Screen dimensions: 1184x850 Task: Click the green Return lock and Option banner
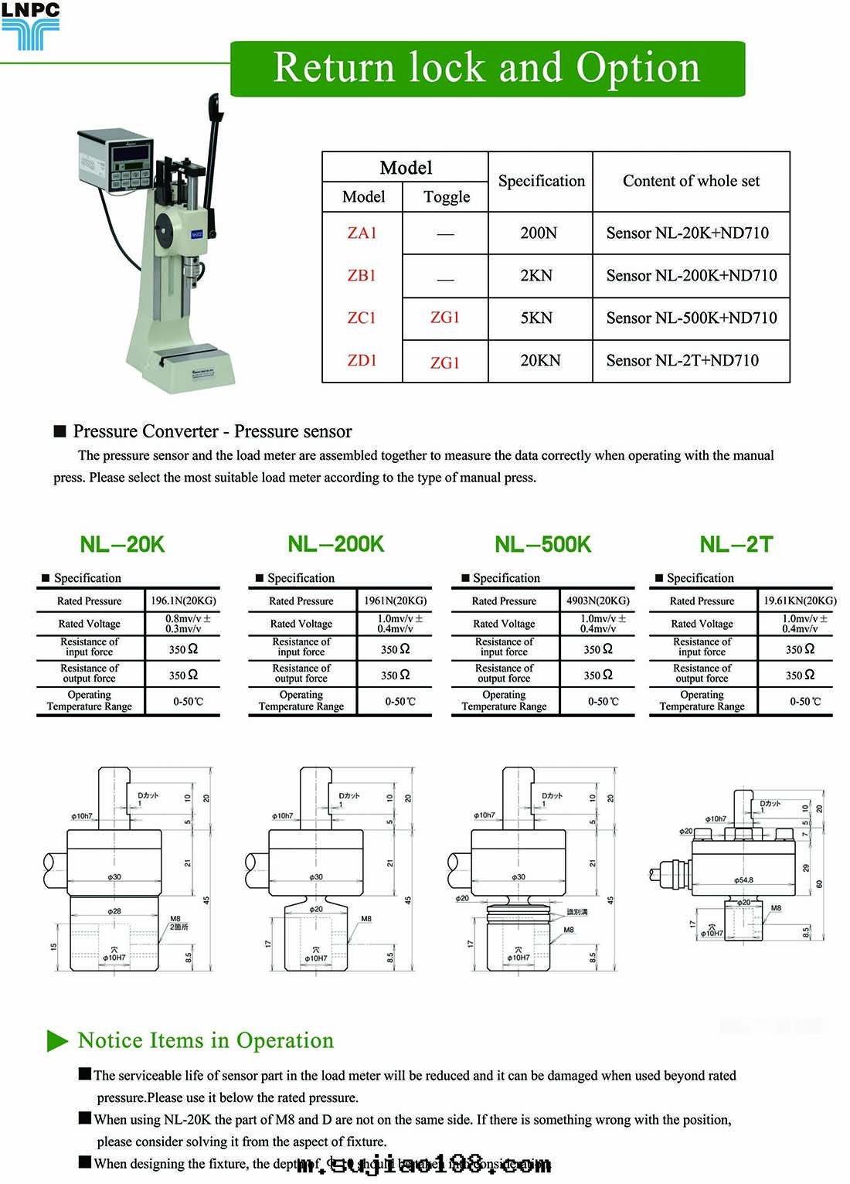point(488,68)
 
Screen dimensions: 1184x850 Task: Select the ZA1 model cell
point(362,233)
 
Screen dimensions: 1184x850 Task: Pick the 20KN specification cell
point(540,361)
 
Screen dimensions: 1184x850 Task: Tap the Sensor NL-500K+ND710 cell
point(692,318)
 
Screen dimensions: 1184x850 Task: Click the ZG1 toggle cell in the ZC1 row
point(445,318)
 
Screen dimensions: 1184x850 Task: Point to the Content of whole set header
point(691,182)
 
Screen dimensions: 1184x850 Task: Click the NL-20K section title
point(122,545)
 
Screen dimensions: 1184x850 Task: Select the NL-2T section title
point(736,545)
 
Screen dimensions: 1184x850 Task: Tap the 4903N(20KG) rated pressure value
point(597,601)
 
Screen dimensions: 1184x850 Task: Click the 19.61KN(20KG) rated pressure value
point(799,601)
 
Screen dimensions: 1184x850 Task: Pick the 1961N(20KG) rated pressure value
point(395,601)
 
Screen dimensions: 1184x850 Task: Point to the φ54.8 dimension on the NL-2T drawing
point(743,880)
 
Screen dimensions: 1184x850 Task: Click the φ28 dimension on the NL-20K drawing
point(114,911)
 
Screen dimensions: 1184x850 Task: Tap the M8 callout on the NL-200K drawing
point(366,919)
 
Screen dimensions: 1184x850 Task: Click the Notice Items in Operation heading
point(206,1041)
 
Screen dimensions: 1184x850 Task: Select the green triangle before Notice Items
point(57,1041)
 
